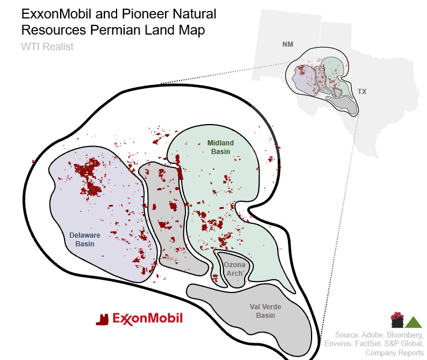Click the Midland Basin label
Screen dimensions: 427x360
pos(220,147)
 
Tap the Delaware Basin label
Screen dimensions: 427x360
pos(85,239)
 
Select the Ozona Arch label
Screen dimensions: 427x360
pos(235,268)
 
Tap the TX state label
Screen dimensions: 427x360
pos(362,92)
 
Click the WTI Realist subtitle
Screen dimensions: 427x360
pos(47,47)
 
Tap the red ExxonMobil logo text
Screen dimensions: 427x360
pos(148,318)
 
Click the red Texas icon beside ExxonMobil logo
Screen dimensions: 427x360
pos(102,319)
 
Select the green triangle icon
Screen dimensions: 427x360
pos(413,321)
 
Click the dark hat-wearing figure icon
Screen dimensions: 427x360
pos(397,319)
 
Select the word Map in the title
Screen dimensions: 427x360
pos(190,30)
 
